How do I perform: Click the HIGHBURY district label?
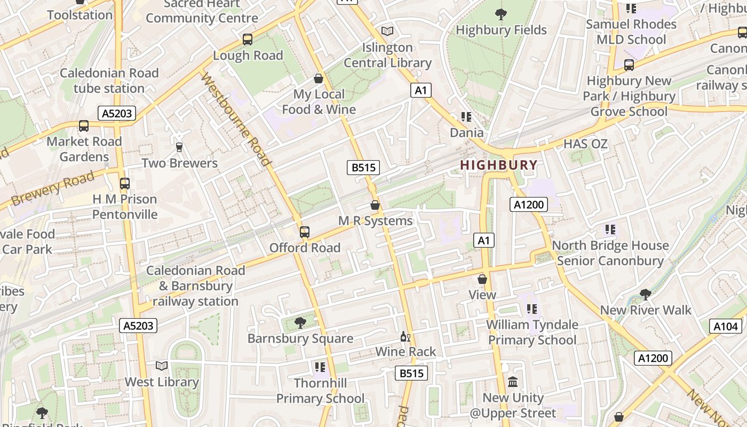coord(498,165)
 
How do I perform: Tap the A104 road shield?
coord(726,327)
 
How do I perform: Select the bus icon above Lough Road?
coord(247,39)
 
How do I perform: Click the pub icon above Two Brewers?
coord(179,147)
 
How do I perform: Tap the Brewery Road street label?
coord(52,188)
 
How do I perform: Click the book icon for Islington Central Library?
coord(387,31)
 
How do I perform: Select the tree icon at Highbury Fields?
coord(500,14)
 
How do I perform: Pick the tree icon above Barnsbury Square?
coord(300,322)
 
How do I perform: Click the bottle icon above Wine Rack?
coord(405,336)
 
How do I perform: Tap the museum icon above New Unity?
coord(513,382)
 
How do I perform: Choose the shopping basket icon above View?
coord(482,279)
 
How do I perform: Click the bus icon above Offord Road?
coord(304,232)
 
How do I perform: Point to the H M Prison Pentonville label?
coord(125,207)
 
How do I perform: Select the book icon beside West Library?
coord(161,366)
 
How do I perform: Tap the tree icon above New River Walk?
coord(645,294)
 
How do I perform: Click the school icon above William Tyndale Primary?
coord(531,309)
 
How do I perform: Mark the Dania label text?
coord(467,133)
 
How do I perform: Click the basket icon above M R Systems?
coord(375,205)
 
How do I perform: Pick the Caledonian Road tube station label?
coord(109,81)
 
